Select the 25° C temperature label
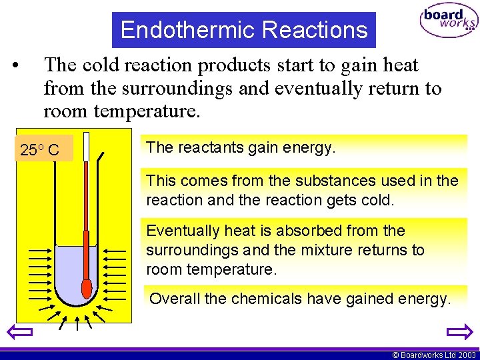(40, 151)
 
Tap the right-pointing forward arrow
(459, 331)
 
